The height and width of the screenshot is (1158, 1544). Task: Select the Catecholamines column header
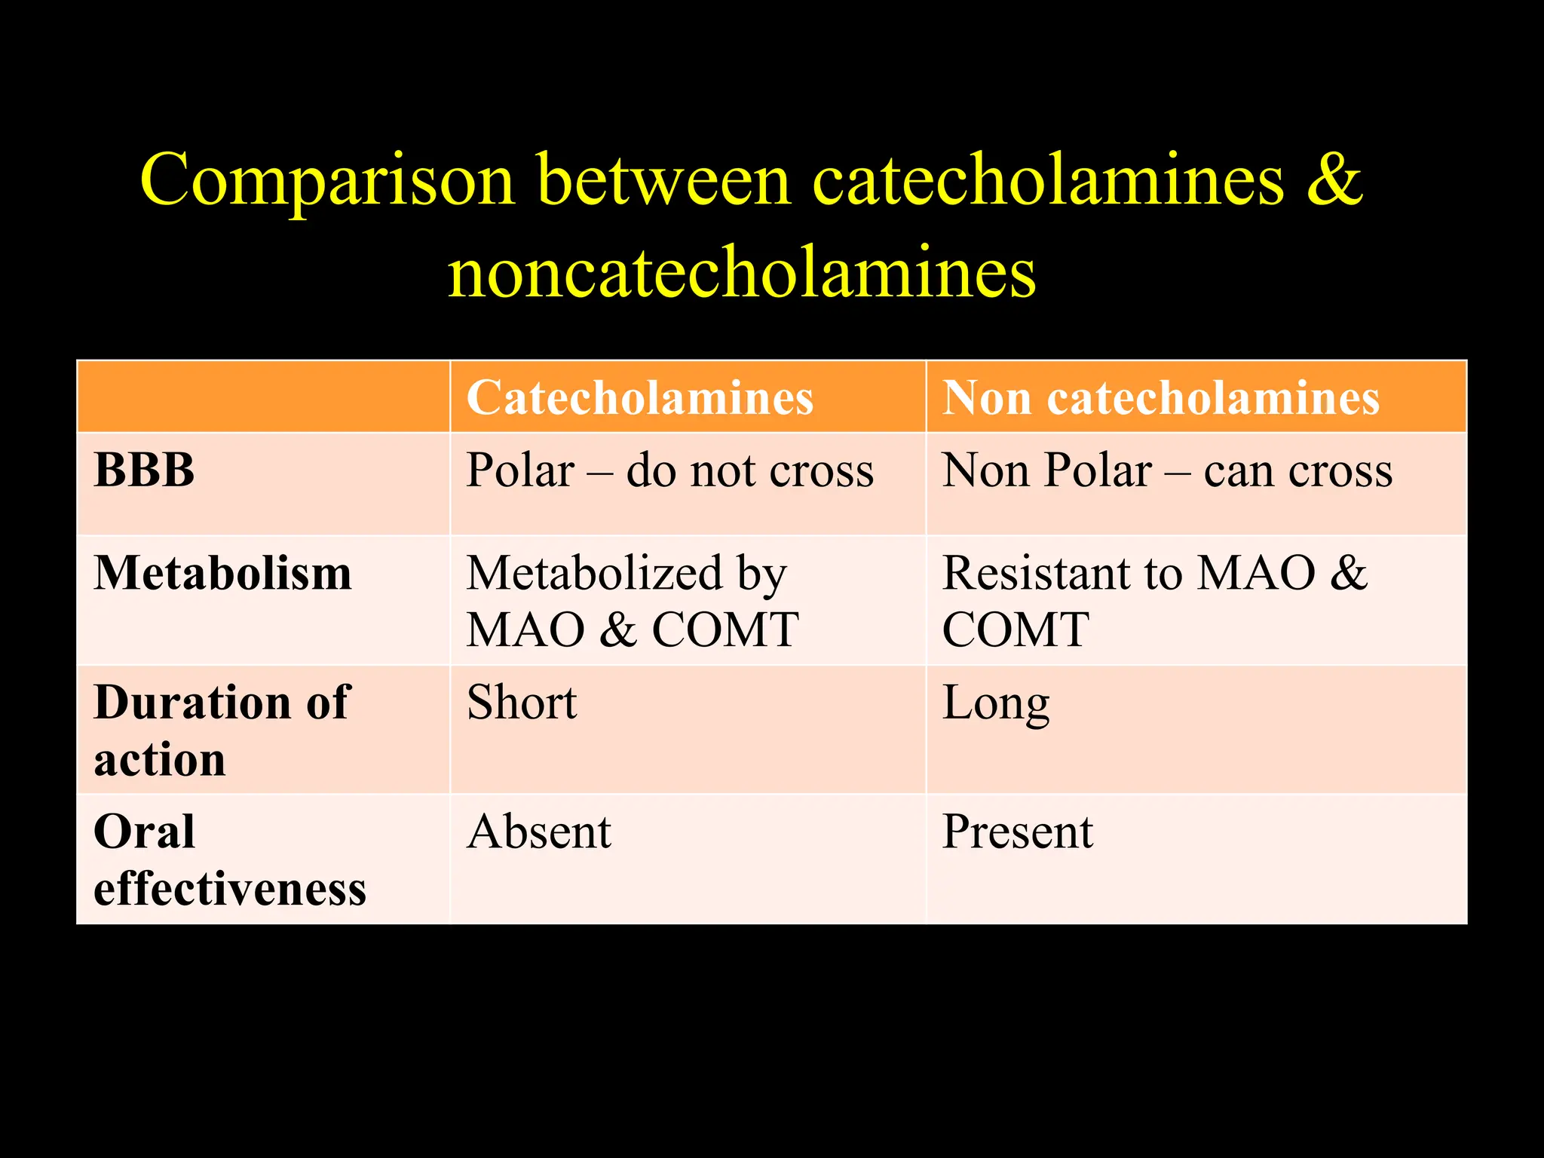point(640,397)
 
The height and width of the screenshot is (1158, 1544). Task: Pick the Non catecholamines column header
point(1161,397)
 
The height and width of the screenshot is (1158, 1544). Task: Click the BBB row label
point(145,470)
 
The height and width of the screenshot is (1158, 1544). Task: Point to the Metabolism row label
point(223,573)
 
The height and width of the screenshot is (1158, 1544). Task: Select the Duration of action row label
point(222,730)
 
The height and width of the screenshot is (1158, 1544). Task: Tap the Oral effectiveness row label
point(229,859)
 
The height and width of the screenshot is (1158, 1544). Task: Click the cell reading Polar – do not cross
point(670,470)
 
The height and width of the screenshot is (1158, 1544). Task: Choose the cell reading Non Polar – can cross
point(1167,470)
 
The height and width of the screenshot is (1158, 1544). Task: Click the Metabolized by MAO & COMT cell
point(632,601)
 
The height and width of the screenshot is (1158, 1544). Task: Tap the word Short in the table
point(522,703)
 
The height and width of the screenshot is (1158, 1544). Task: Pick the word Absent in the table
point(539,832)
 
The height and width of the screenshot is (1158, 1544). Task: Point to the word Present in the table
point(1018,832)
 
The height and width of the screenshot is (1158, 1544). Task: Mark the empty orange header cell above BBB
point(264,397)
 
